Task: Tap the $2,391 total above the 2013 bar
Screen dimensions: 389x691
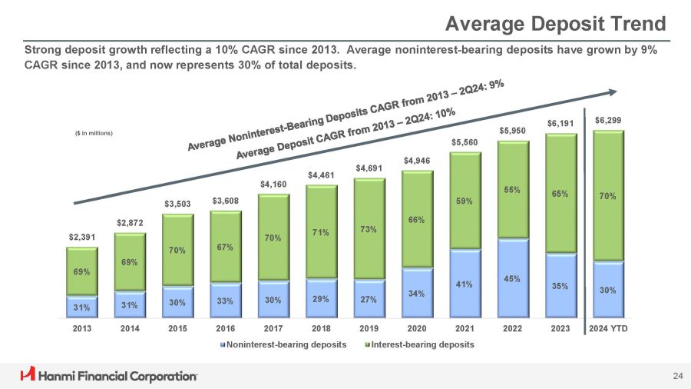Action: (x=81, y=237)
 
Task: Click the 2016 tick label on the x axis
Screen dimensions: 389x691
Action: (x=225, y=329)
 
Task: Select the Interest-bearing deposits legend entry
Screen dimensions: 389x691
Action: (x=422, y=344)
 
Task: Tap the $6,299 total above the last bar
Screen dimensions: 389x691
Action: (x=608, y=120)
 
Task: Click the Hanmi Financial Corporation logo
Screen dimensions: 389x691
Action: (x=108, y=375)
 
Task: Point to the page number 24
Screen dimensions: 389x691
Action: (x=676, y=375)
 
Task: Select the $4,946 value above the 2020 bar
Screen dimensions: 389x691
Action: (x=417, y=160)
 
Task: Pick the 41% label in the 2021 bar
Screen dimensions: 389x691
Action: (x=465, y=284)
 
